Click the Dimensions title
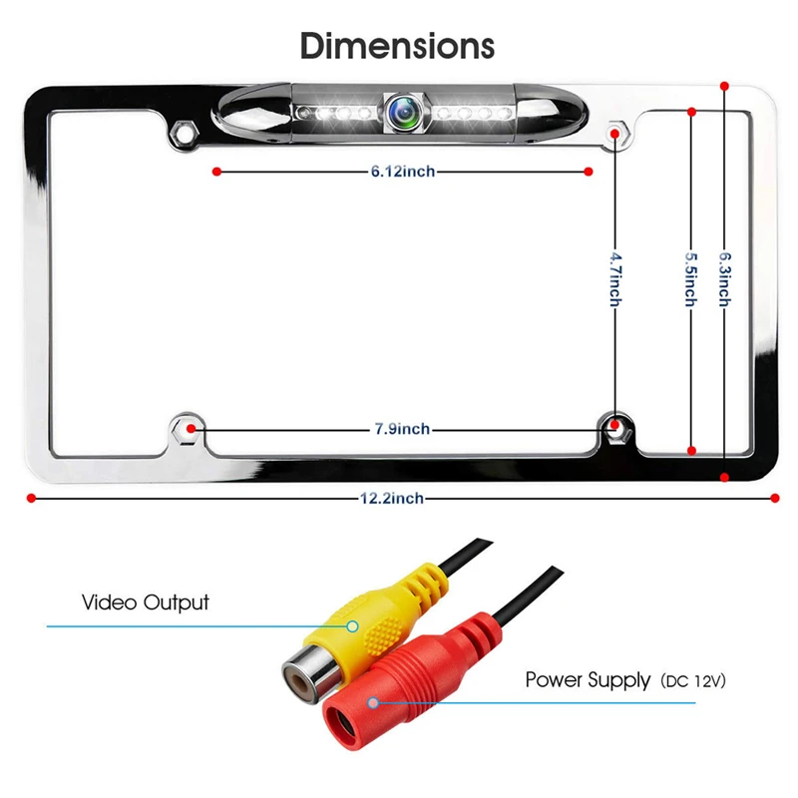pyautogui.click(x=397, y=46)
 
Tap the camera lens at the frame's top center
pyautogui.click(x=404, y=112)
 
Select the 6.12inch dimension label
pyautogui.click(x=403, y=171)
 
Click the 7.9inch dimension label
pyautogui.click(x=402, y=429)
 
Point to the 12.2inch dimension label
pyautogui.click(x=392, y=498)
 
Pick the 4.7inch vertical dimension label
pyautogui.click(x=615, y=279)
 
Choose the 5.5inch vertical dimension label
pyautogui.click(x=690, y=279)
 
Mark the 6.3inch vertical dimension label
pyautogui.click(x=725, y=279)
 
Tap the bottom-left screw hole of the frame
pyautogui.click(x=188, y=429)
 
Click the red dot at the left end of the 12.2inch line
pyautogui.click(x=32, y=498)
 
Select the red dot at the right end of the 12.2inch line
pyautogui.click(x=775, y=498)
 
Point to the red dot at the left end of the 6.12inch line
pyautogui.click(x=216, y=172)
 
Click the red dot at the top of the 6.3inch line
pyautogui.click(x=725, y=86)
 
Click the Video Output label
pyautogui.click(x=146, y=602)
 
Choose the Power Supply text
pyautogui.click(x=588, y=680)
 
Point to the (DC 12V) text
pyautogui.click(x=693, y=681)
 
